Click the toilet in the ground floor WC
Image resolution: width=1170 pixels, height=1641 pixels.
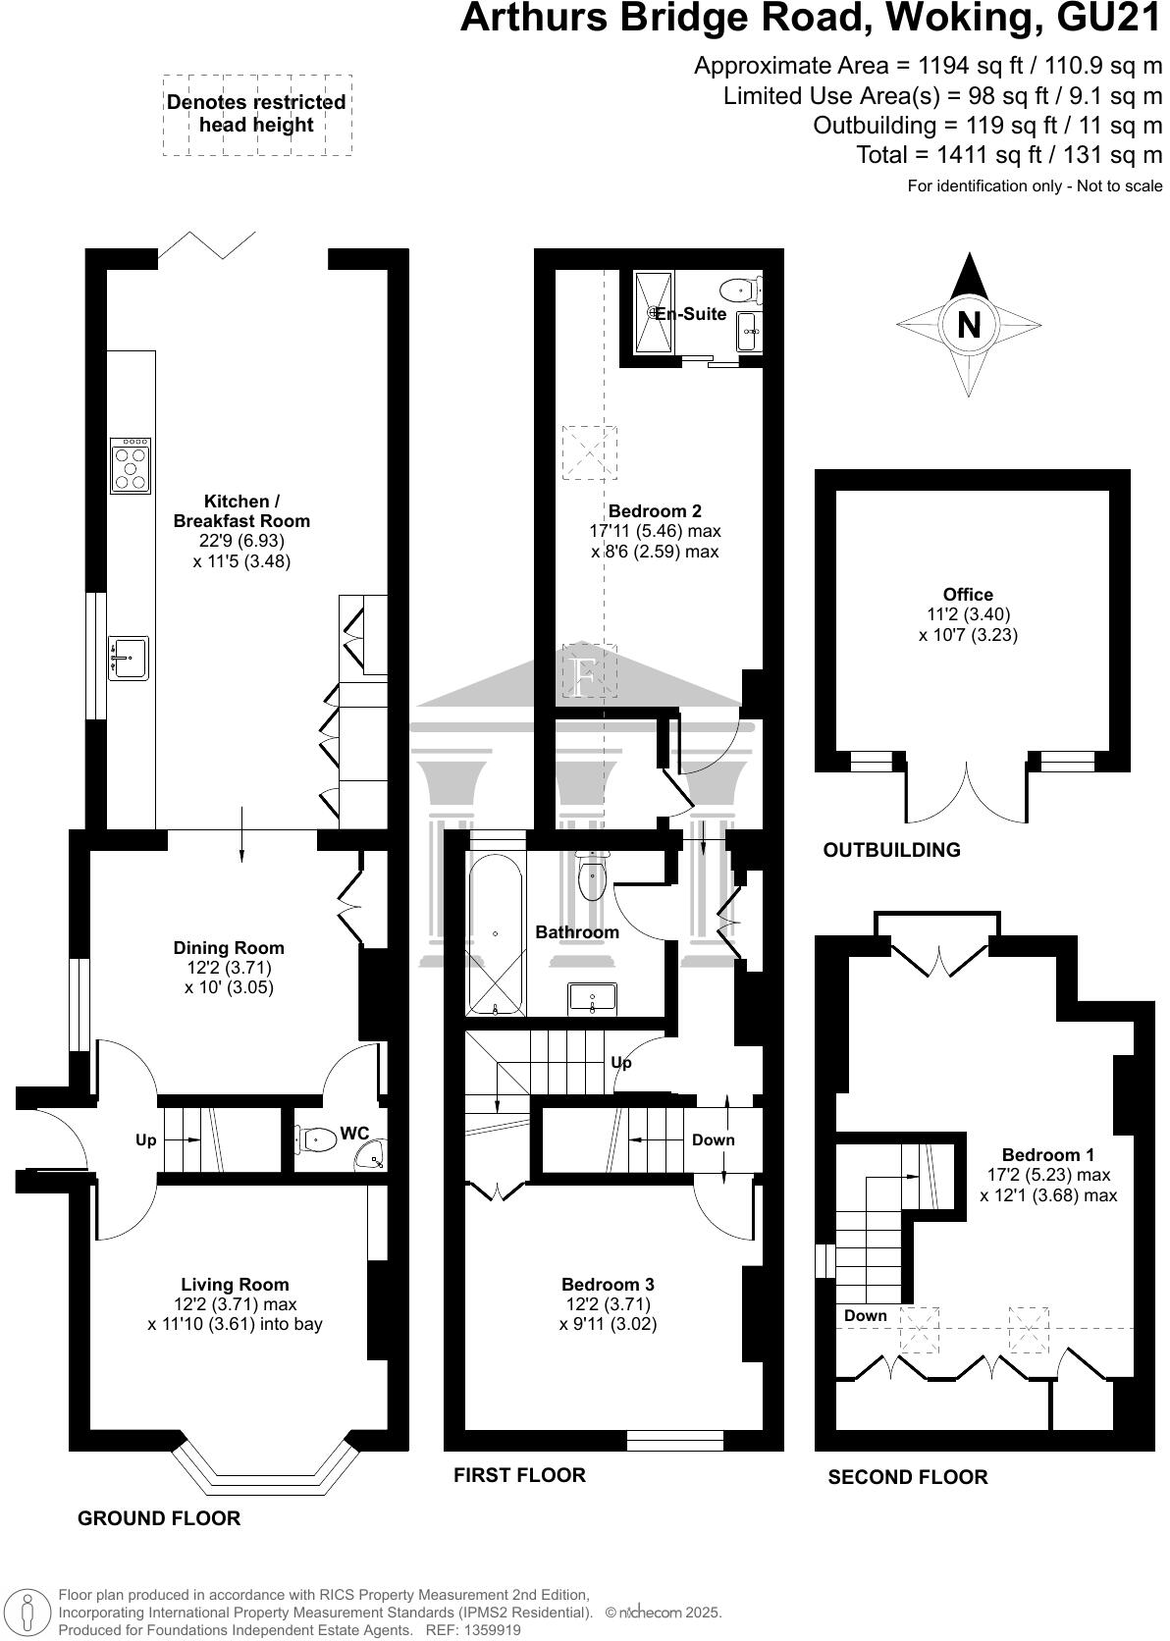tap(316, 1139)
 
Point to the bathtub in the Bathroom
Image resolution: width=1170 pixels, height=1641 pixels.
tap(496, 933)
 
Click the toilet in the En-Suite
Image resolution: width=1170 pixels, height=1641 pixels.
tap(738, 291)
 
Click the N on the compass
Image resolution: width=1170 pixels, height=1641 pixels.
tap(969, 324)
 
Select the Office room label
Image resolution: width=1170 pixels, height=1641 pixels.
tap(968, 595)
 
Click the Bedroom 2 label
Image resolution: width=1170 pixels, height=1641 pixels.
tap(655, 511)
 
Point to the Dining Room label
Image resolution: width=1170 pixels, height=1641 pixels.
tap(229, 948)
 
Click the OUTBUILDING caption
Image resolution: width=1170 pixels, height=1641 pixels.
tap(891, 851)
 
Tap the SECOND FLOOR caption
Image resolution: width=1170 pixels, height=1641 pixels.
tap(908, 1477)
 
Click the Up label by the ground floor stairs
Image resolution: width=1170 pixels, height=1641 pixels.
tap(145, 1140)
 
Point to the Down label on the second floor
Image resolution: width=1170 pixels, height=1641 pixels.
tap(865, 1316)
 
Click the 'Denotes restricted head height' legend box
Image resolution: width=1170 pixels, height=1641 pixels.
tap(256, 114)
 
